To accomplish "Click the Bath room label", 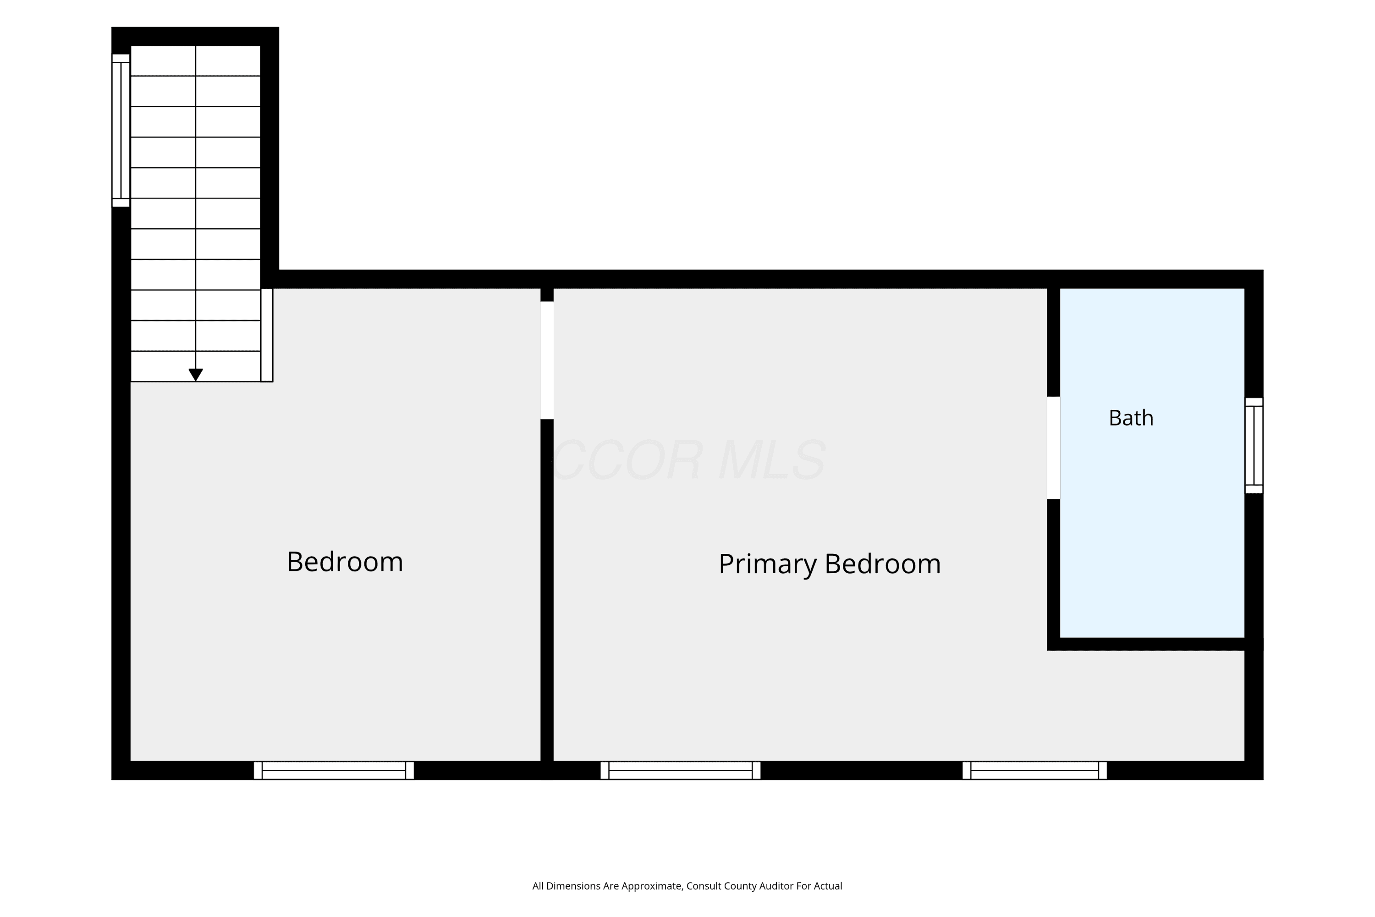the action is coord(1131,418).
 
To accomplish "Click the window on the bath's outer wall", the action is coord(1254,446).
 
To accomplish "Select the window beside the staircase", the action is coord(121,130).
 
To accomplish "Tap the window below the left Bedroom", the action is coord(334,770).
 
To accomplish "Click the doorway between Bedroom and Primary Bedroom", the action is coord(547,360).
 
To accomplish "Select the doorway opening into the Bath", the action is coord(1053,448).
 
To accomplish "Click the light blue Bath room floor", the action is coord(1152,526).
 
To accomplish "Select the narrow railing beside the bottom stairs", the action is coord(267,335).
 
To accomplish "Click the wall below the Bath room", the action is coord(1155,644).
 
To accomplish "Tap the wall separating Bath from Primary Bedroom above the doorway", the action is coord(1053,342).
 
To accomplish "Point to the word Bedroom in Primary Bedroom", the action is coord(883,564).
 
